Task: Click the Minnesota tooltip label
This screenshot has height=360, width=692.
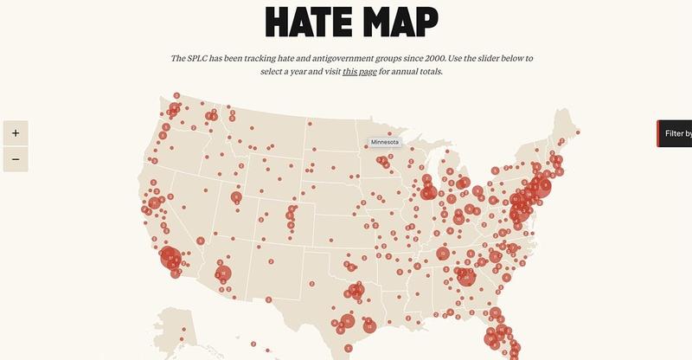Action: click(385, 142)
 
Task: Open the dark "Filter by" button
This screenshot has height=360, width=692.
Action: click(676, 133)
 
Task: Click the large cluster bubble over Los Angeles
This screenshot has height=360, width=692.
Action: click(170, 258)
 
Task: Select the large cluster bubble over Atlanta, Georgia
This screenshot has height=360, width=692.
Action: click(467, 277)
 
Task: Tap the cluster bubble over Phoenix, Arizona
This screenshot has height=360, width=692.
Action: click(224, 273)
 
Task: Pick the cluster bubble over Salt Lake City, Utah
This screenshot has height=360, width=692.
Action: click(235, 197)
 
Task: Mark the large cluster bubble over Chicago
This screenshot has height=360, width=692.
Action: click(428, 192)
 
